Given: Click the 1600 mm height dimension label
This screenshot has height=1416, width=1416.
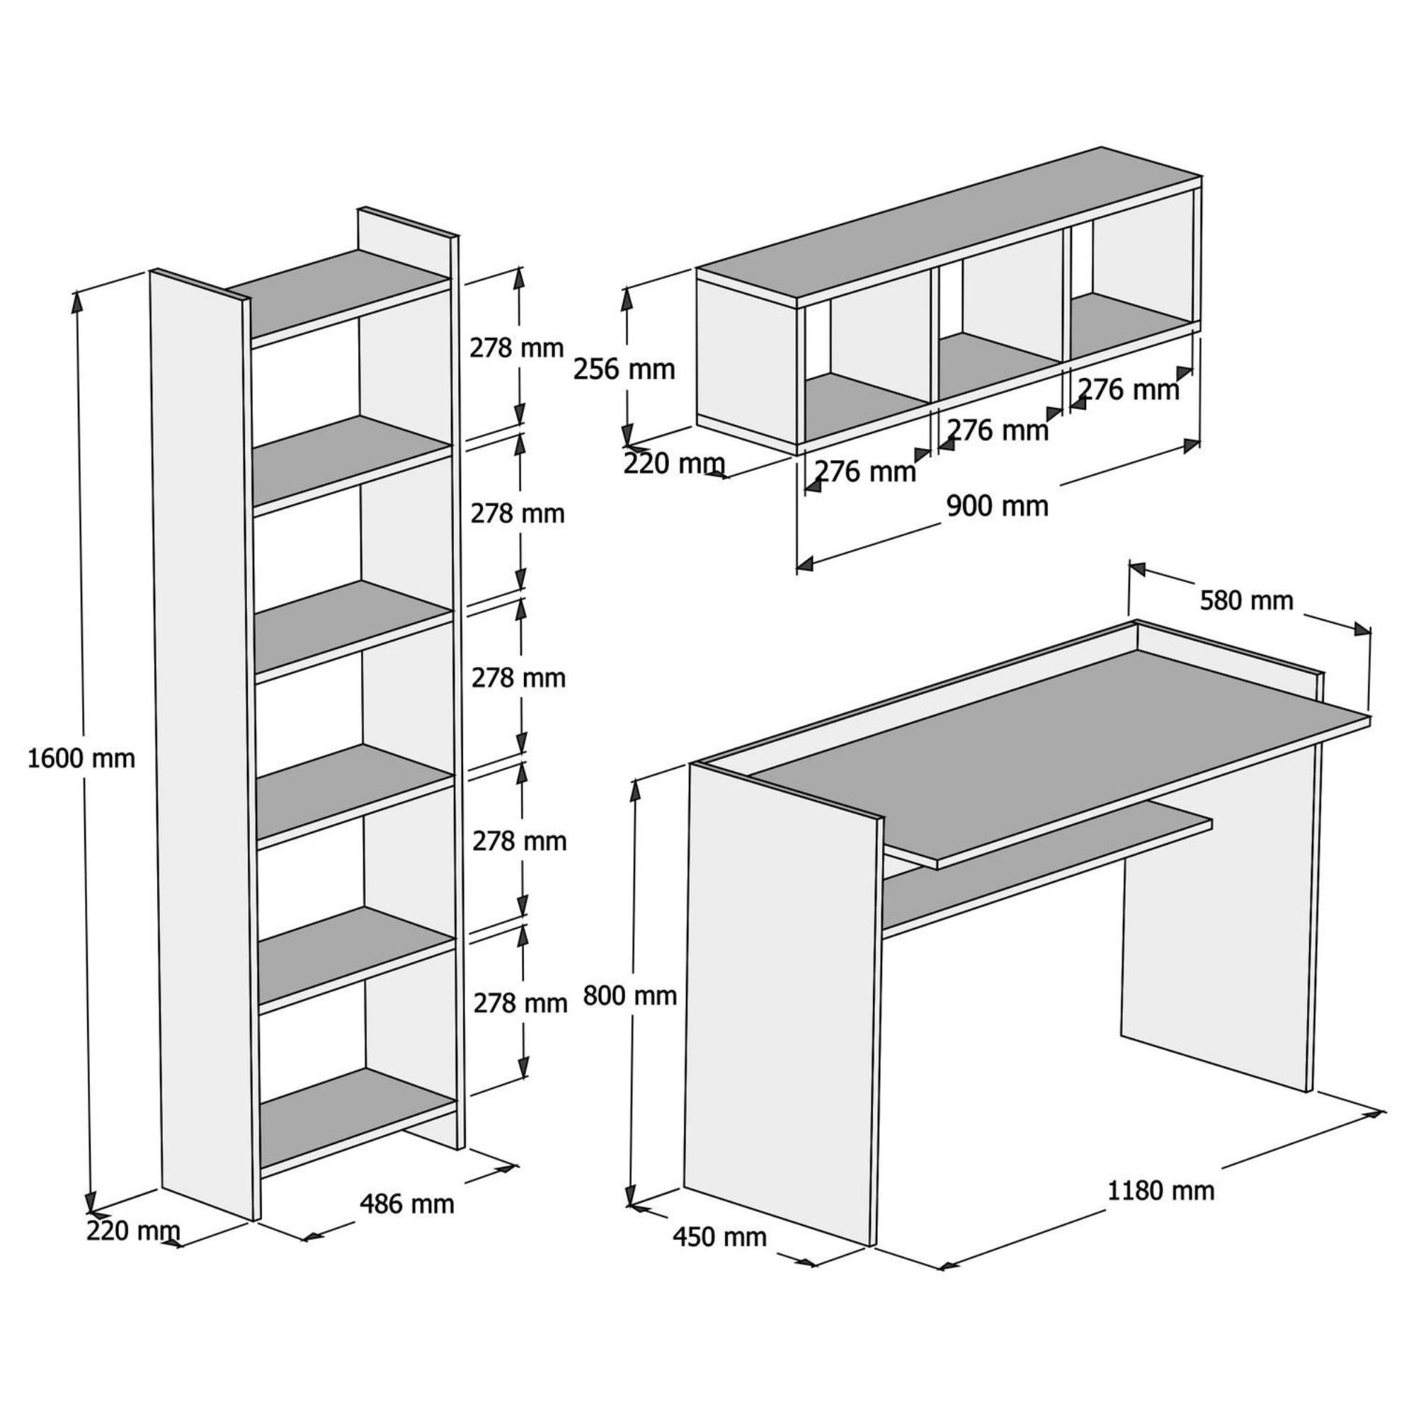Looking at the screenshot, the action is click(81, 758).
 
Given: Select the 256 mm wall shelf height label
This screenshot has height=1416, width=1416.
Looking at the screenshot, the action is click(624, 370).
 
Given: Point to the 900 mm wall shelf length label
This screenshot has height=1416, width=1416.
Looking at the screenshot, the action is click(998, 506).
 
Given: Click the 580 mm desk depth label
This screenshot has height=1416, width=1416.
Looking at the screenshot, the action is click(1247, 600).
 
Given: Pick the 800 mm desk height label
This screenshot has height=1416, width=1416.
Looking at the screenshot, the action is click(630, 995).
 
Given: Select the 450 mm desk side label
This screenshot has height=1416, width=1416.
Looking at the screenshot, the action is click(720, 1237).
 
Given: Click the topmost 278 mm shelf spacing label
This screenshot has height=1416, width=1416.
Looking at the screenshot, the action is click(518, 348).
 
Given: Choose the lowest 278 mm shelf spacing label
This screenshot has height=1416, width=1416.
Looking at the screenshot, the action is click(520, 1003).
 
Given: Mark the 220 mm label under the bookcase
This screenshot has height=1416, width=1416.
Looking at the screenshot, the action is click(133, 1231).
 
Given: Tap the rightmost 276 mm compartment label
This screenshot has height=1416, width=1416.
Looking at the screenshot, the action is click(1129, 390).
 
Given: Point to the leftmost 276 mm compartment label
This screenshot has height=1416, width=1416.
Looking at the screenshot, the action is click(866, 472).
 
